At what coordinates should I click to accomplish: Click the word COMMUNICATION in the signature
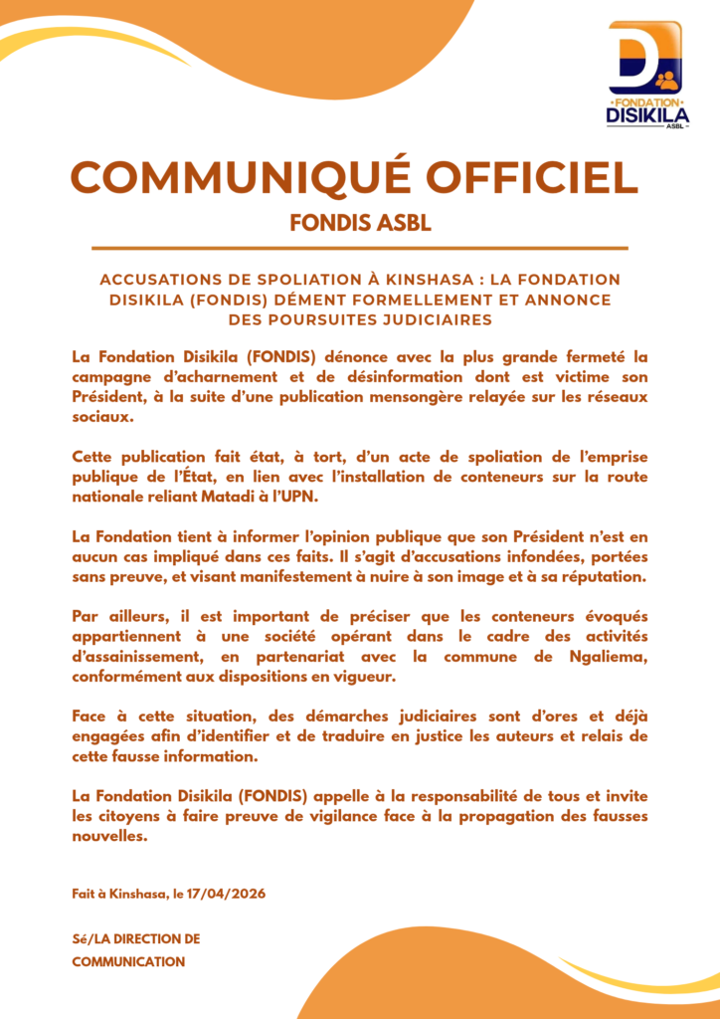[x=128, y=961]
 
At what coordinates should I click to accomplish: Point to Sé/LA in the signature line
[x=94, y=938]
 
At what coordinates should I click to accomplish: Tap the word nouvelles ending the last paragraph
[x=109, y=837]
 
